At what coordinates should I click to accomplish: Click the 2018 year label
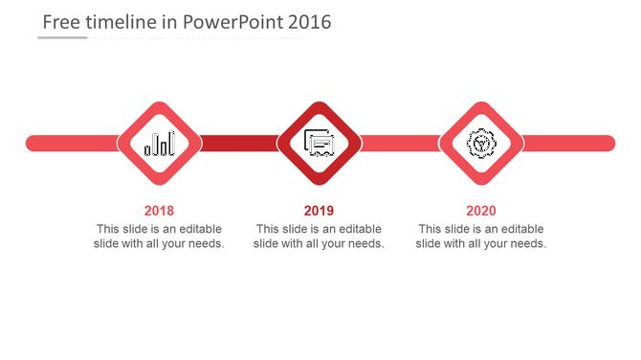click(x=159, y=211)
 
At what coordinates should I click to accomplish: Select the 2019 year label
click(x=319, y=211)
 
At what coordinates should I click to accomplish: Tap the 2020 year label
click(x=481, y=211)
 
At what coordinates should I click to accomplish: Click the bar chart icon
click(x=160, y=144)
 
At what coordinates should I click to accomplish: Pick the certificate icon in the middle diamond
click(x=319, y=144)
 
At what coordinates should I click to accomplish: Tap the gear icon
click(x=480, y=144)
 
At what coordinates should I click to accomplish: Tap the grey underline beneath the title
click(x=62, y=38)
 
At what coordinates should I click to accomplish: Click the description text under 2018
click(x=159, y=236)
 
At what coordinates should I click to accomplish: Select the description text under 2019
click(x=319, y=236)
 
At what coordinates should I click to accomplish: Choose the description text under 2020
click(x=481, y=236)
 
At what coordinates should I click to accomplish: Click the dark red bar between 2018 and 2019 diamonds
click(x=239, y=144)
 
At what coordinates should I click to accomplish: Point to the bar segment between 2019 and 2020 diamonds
click(x=400, y=144)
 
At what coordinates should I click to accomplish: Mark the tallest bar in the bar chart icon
click(x=171, y=144)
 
